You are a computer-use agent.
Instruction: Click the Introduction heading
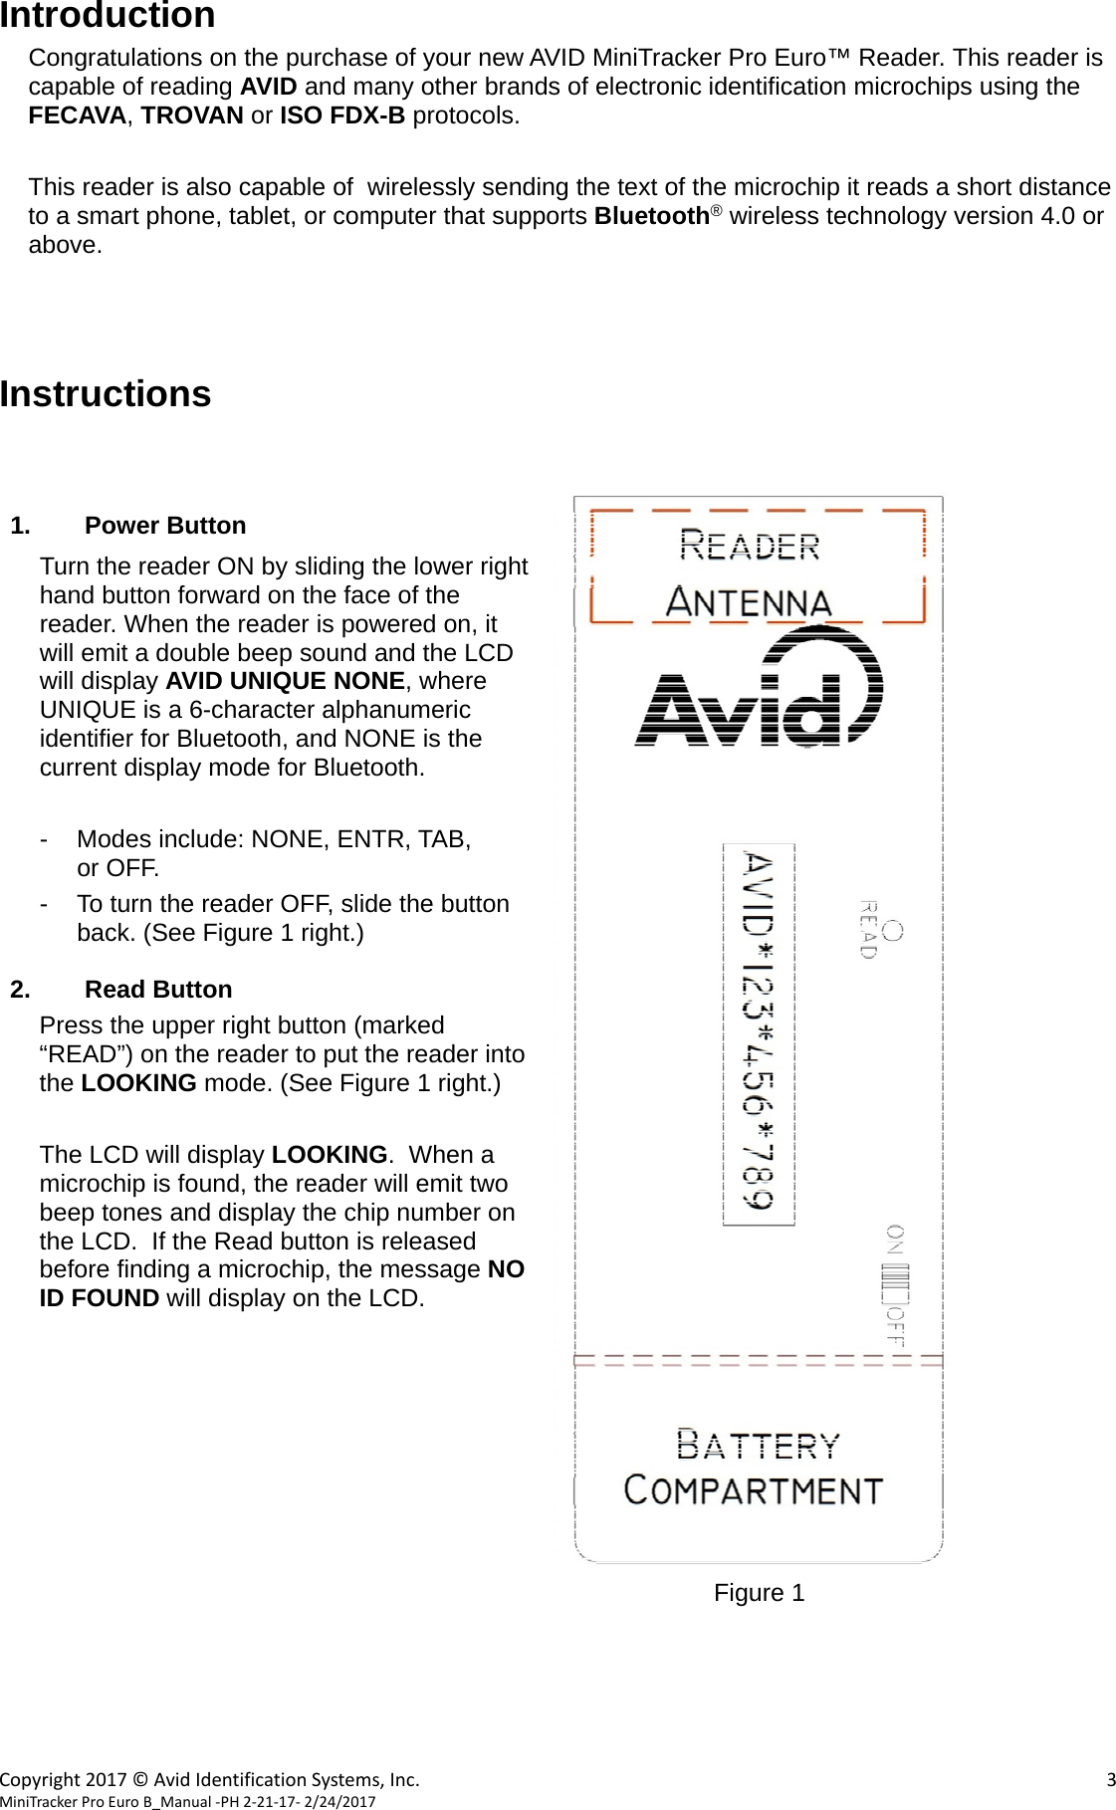point(108,16)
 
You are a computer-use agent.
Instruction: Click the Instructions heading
point(106,394)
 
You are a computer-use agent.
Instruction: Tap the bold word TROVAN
point(191,115)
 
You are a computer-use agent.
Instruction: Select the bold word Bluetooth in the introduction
point(651,216)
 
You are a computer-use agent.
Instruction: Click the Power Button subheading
point(165,526)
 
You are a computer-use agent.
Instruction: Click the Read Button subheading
point(158,990)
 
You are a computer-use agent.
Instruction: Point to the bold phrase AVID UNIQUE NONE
point(285,681)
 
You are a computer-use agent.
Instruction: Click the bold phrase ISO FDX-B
point(341,115)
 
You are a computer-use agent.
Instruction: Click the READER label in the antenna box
point(750,546)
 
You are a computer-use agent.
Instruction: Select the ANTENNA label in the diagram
point(749,602)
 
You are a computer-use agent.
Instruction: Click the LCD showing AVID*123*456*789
point(759,1033)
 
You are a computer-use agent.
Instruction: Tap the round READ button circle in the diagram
point(893,931)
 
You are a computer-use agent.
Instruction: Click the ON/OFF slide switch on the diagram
point(895,1284)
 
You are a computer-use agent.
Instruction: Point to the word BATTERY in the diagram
point(758,1445)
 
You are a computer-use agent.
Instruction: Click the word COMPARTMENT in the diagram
point(754,1490)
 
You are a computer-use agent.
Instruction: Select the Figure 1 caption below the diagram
point(759,1593)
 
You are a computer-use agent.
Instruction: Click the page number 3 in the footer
point(1110,1779)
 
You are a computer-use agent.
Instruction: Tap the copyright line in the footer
point(210,1779)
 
